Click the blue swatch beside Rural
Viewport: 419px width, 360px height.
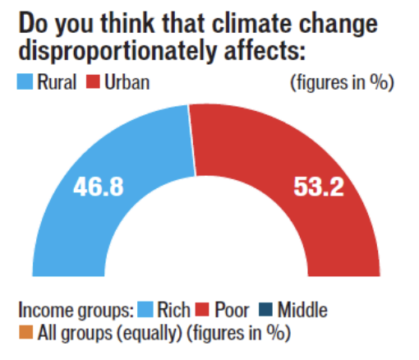[x=24, y=84]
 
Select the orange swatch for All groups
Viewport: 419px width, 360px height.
[x=23, y=334]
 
